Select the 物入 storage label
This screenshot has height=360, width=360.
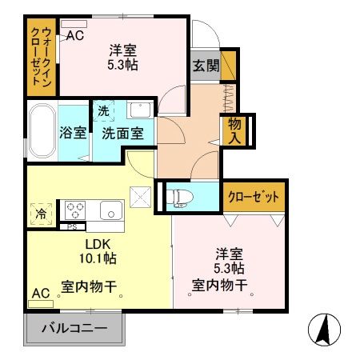click(234, 130)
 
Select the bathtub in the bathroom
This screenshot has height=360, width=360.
click(41, 132)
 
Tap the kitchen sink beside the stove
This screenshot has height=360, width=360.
click(110, 210)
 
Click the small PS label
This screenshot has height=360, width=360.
click(72, 226)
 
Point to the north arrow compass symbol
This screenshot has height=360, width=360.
click(325, 328)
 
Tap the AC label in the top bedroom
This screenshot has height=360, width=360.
click(74, 35)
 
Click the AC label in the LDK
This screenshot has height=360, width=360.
click(40, 294)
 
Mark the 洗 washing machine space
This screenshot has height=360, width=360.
click(104, 111)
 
